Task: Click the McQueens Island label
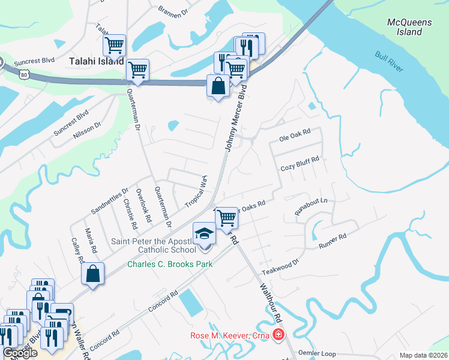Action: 409,27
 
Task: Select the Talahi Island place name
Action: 96,61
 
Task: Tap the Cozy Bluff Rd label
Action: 299,164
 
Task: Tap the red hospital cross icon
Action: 277,335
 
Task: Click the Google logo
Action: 20,353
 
